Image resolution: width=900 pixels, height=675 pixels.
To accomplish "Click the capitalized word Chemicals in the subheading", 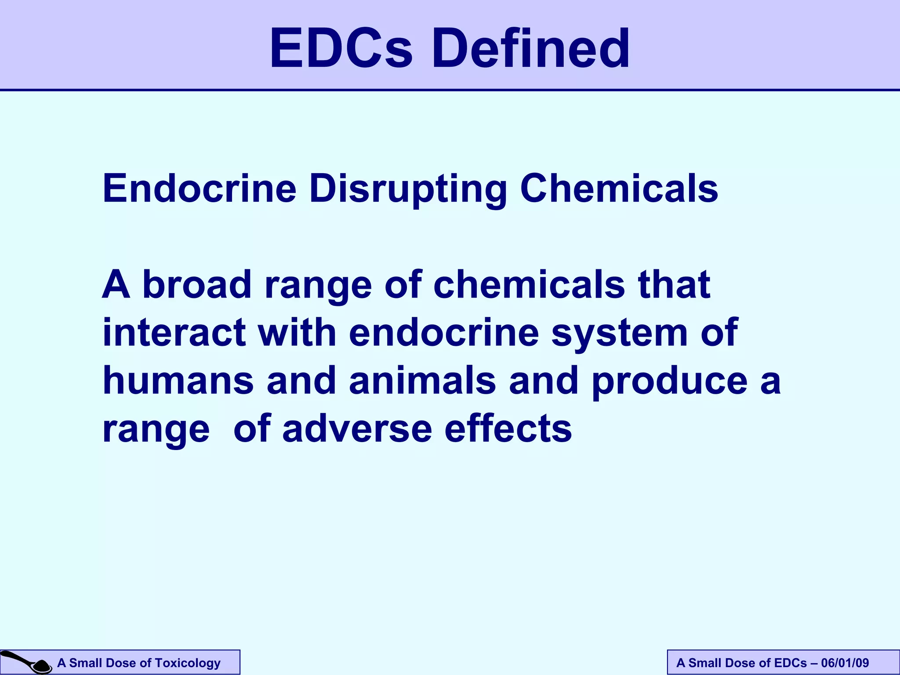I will click(x=619, y=189).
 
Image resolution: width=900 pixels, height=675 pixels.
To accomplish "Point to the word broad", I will click(x=197, y=285).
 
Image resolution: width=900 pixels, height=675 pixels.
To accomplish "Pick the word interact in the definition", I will click(x=174, y=333).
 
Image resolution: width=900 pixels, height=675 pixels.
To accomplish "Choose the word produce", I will click(x=670, y=381).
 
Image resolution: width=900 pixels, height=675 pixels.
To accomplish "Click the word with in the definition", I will click(x=297, y=333).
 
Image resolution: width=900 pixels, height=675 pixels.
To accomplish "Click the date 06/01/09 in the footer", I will click(x=845, y=663).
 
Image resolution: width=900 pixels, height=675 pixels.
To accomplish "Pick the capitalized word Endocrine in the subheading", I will click(x=200, y=189).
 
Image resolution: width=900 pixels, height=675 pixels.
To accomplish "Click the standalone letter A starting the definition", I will click(x=116, y=285).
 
